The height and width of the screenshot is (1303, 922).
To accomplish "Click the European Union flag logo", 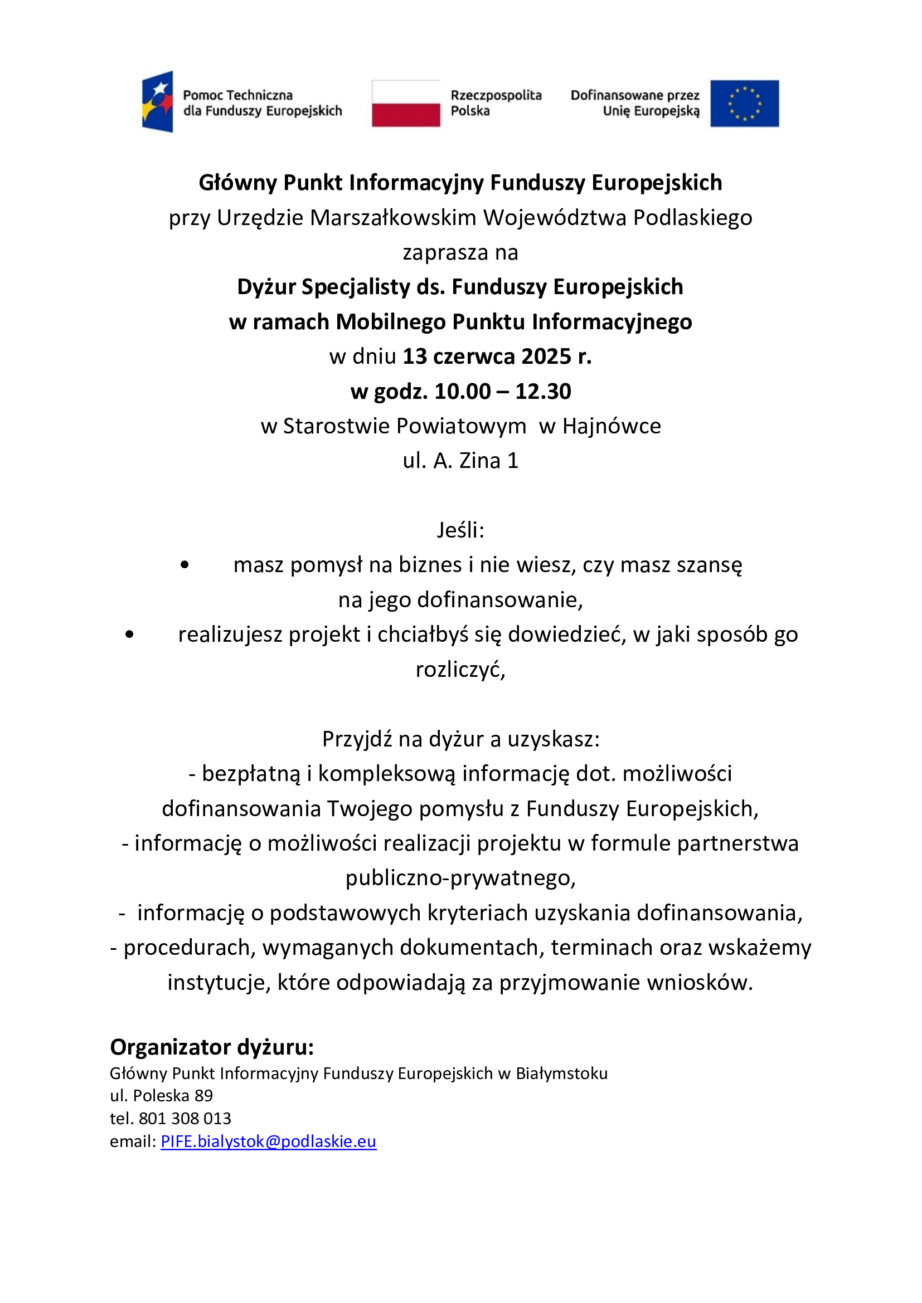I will (x=744, y=103).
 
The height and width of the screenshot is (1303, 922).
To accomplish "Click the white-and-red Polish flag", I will (x=406, y=103).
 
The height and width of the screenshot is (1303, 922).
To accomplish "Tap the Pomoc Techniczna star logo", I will (x=158, y=101).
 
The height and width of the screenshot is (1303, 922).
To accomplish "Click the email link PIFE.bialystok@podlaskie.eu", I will (x=269, y=1141).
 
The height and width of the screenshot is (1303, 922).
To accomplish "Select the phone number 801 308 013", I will (x=185, y=1118).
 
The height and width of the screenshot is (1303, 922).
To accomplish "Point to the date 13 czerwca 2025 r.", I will (x=497, y=357).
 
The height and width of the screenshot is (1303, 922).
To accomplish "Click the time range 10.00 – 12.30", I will (x=502, y=392).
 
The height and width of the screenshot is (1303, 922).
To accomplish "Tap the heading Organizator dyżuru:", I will (x=212, y=1047).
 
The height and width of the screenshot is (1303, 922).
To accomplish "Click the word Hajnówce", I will (x=612, y=426).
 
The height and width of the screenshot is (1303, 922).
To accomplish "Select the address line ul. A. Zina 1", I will (x=460, y=461).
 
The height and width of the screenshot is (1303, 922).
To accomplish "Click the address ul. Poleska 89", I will (x=161, y=1095).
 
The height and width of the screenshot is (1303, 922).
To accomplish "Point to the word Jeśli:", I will (x=460, y=530).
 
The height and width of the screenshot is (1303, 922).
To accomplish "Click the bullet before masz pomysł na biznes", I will (x=185, y=565).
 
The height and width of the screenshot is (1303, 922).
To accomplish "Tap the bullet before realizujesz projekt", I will (x=129, y=635).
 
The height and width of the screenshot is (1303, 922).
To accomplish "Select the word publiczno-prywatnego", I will (x=460, y=878).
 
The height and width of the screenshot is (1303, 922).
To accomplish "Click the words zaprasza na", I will (x=460, y=252).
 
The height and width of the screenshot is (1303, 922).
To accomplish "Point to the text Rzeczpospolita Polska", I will (x=496, y=103).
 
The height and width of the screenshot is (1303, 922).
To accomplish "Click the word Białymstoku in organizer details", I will (x=561, y=1073).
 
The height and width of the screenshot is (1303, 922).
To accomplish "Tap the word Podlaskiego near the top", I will (x=693, y=218).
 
